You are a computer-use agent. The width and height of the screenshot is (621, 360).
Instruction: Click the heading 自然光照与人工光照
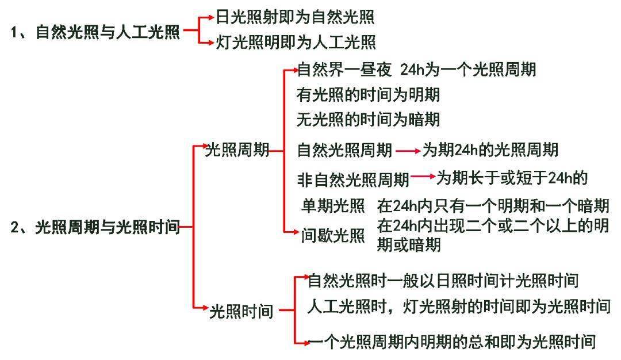108,32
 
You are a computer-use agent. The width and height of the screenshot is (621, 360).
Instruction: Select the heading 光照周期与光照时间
108,227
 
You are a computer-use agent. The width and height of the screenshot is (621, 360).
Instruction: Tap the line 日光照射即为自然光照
295,17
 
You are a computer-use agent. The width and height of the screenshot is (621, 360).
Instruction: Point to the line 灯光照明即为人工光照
296,42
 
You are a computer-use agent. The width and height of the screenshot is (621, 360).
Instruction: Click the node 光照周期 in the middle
237,150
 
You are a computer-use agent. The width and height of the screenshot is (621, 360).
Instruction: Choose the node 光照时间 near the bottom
241,311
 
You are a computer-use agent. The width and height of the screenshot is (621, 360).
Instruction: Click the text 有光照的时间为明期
369,95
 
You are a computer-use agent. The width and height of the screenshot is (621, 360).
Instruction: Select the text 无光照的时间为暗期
369,119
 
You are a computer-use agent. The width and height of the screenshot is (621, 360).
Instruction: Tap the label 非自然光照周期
353,179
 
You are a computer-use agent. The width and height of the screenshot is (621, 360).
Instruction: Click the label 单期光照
333,205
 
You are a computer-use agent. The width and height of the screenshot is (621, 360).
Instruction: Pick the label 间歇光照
333,235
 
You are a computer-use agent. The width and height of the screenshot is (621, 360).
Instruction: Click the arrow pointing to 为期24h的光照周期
408,151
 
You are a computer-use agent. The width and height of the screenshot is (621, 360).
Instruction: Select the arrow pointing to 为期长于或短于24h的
423,177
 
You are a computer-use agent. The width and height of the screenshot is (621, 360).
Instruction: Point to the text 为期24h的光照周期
490,150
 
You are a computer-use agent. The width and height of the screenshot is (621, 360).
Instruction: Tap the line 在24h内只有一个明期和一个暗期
493,205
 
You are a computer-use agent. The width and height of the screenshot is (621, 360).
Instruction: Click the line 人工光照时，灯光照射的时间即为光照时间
459,306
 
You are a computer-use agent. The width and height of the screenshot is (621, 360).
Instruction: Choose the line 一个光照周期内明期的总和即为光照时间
452,342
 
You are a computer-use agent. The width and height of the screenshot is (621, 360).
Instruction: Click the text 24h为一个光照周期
468,70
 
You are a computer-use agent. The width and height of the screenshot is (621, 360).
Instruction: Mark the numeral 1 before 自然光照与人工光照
14,32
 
